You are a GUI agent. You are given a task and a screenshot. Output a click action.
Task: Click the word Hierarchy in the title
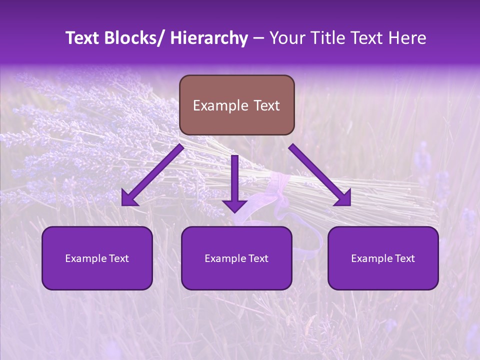tap(209, 38)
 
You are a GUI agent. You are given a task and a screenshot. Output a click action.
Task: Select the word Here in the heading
tap(407, 38)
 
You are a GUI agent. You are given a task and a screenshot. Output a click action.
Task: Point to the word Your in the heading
tap(286, 38)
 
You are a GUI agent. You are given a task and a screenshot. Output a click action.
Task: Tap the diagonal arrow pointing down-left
tap(155, 173)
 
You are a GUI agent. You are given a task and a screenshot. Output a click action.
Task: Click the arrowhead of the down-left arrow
tap(129, 199)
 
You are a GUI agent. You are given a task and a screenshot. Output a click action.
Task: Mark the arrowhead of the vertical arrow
tap(234, 205)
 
